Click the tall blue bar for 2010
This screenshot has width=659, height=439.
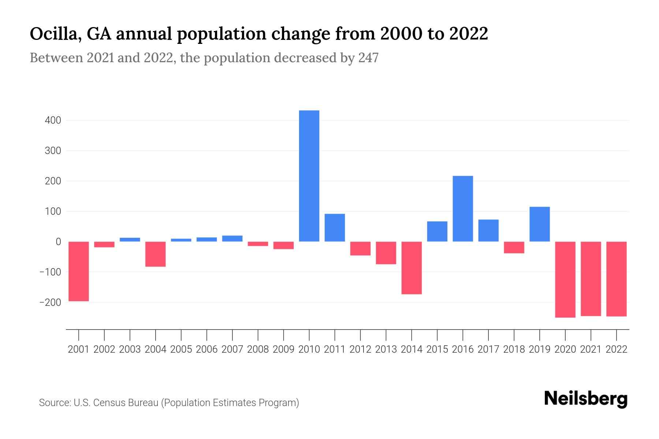point(309,176)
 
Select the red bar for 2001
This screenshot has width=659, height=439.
point(79,271)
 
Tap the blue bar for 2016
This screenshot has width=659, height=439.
point(463,209)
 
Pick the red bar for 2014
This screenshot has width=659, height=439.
point(412,268)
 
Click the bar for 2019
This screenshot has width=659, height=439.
point(540,224)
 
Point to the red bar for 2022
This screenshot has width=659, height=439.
point(617,279)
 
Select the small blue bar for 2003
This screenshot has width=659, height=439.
point(130,240)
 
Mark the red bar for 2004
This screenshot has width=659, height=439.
point(156,254)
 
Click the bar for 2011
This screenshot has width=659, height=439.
point(335,228)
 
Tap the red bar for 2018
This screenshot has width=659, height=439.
point(514,247)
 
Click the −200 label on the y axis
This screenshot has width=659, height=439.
point(51,303)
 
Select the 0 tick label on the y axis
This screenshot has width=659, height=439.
point(58,242)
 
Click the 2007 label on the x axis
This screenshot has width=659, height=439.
point(232,349)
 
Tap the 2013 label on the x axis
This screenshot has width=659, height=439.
point(386,349)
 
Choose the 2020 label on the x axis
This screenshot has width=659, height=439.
point(565,349)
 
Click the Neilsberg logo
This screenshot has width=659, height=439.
point(585,399)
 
